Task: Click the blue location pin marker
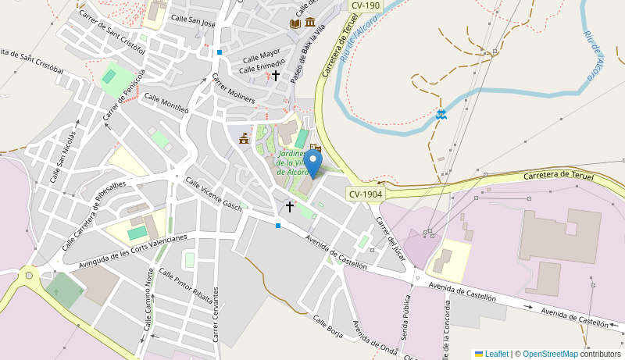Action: pyautogui.click(x=313, y=164)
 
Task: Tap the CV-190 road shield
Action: pyautogui.click(x=364, y=5)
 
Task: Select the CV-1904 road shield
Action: pyautogui.click(x=366, y=194)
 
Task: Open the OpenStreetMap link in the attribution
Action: pyautogui.click(x=550, y=354)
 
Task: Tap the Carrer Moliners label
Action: pyautogui.click(x=233, y=88)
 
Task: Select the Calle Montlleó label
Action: pyautogui.click(x=166, y=104)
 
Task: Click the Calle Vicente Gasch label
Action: pyautogui.click(x=212, y=193)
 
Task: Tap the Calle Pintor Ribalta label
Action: pyautogui.click(x=185, y=285)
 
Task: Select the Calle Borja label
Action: pyautogui.click(x=327, y=327)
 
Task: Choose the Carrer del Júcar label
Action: pyautogui.click(x=391, y=237)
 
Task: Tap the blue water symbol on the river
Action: pyautogui.click(x=441, y=115)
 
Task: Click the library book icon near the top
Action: pyautogui.click(x=295, y=23)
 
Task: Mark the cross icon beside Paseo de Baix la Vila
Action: pyautogui.click(x=275, y=76)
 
